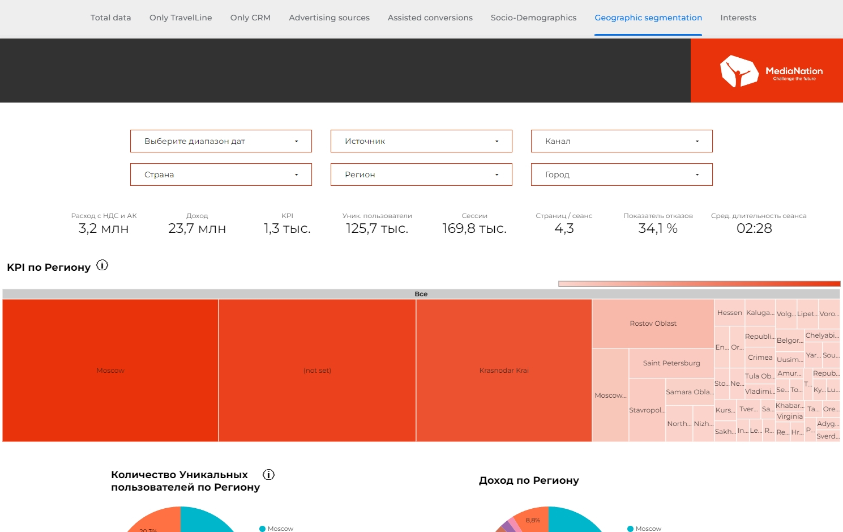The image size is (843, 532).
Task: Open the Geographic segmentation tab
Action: pyautogui.click(x=648, y=18)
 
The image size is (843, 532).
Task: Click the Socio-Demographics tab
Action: pyautogui.click(x=533, y=18)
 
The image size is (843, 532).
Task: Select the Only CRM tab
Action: pyautogui.click(x=250, y=18)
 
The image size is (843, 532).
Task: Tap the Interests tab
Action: pyautogui.click(x=738, y=18)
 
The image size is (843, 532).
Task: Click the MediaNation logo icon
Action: pyautogui.click(x=739, y=71)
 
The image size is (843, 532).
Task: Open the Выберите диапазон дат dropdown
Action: pyautogui.click(x=221, y=141)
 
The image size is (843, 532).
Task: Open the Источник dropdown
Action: pyautogui.click(x=421, y=141)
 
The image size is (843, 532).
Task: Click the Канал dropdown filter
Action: pyautogui.click(x=622, y=141)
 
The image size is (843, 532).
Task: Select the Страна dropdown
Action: pyautogui.click(x=221, y=175)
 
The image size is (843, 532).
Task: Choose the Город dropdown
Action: pyautogui.click(x=622, y=175)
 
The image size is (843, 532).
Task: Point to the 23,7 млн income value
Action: pyautogui.click(x=197, y=229)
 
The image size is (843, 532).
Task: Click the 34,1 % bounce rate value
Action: pyautogui.click(x=658, y=229)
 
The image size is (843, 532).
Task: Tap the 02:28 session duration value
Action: pyautogui.click(x=754, y=229)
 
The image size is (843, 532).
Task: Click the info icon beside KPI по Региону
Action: pyautogui.click(x=102, y=265)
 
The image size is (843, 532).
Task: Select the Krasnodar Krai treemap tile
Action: pyautogui.click(x=504, y=371)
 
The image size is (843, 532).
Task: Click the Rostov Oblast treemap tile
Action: pyautogui.click(x=653, y=324)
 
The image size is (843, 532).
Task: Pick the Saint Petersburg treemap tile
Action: pyautogui.click(x=671, y=363)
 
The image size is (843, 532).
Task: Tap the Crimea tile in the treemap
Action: pyautogui.click(x=760, y=357)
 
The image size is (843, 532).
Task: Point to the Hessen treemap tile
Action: pyautogui.click(x=729, y=313)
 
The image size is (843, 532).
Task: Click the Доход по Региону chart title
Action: pyautogui.click(x=529, y=480)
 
